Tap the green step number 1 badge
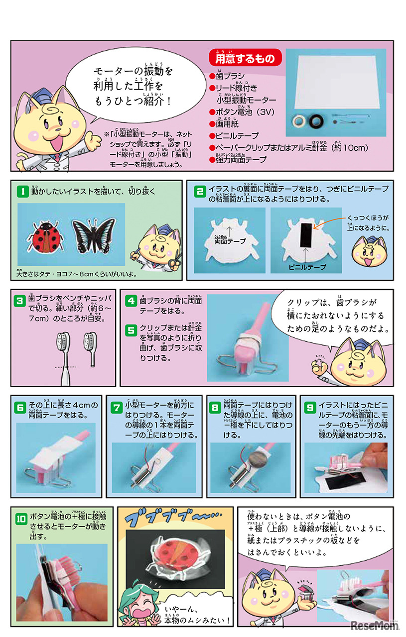[x=22, y=191]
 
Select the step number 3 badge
[x=20, y=301]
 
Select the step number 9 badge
[x=310, y=408]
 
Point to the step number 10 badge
[x=22, y=517]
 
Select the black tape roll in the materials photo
[x=315, y=121]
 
